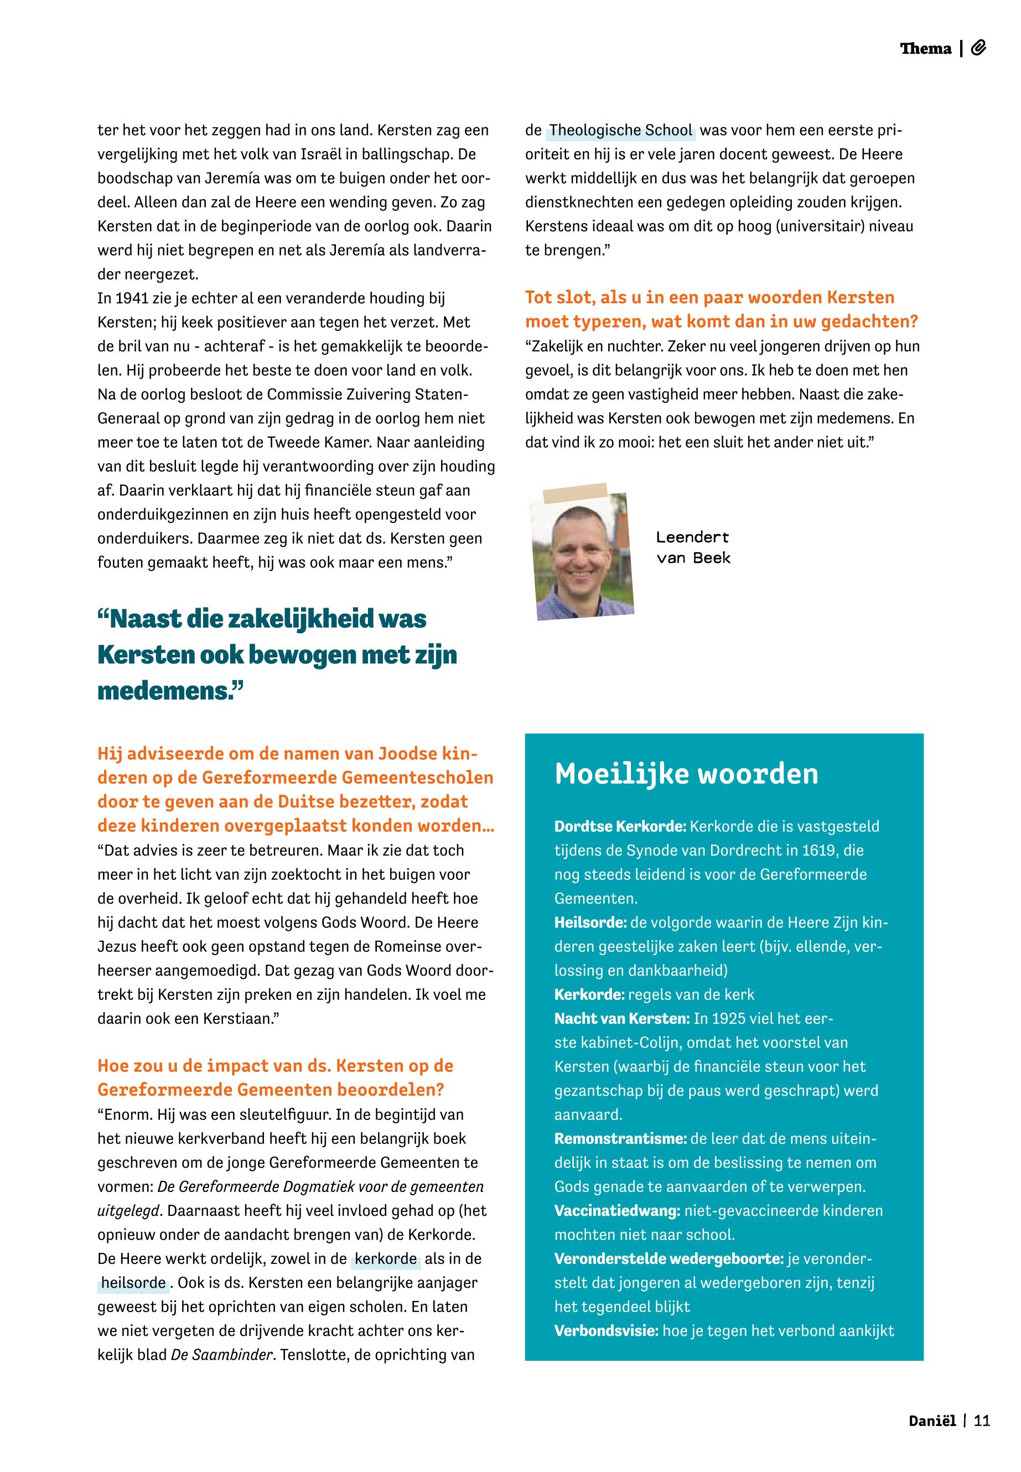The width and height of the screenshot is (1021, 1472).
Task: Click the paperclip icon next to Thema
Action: tap(978, 48)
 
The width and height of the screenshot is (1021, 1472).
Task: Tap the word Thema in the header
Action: tap(925, 49)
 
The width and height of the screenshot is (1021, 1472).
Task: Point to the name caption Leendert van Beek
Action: tap(693, 548)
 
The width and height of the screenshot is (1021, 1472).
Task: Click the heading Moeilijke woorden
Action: tap(686, 774)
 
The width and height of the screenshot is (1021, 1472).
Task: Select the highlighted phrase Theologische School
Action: tap(620, 131)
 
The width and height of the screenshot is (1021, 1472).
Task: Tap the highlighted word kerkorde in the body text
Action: tap(386, 1259)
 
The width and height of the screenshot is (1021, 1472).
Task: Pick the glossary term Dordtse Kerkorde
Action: tap(620, 827)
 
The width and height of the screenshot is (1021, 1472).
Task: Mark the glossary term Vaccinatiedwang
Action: tap(616, 1210)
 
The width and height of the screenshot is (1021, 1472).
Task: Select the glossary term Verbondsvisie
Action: tap(606, 1331)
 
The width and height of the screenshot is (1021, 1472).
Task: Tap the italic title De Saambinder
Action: tap(221, 1355)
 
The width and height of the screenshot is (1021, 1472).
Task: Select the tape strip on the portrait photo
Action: tap(574, 493)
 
